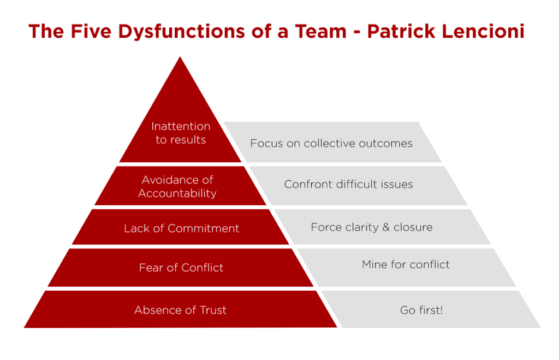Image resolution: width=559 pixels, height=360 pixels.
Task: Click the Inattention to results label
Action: (181, 133)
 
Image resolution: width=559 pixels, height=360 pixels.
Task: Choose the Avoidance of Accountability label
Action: (177, 186)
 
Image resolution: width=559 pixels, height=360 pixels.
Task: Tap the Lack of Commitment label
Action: (182, 228)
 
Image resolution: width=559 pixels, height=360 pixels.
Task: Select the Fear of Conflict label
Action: (181, 268)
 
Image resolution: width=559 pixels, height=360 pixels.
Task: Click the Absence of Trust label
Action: (180, 310)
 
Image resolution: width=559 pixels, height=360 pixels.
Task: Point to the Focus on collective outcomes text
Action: (331, 143)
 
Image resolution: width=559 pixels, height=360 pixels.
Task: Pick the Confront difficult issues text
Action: (348, 184)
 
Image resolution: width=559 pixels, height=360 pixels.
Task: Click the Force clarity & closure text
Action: (372, 227)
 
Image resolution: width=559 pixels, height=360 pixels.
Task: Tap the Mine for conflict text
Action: (406, 264)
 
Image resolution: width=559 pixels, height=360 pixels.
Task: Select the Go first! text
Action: (421, 310)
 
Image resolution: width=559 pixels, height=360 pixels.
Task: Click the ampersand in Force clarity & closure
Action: (386, 227)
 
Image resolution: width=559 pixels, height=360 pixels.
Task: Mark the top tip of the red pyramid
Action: (180, 58)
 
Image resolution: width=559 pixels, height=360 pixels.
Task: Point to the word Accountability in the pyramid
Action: (177, 193)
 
